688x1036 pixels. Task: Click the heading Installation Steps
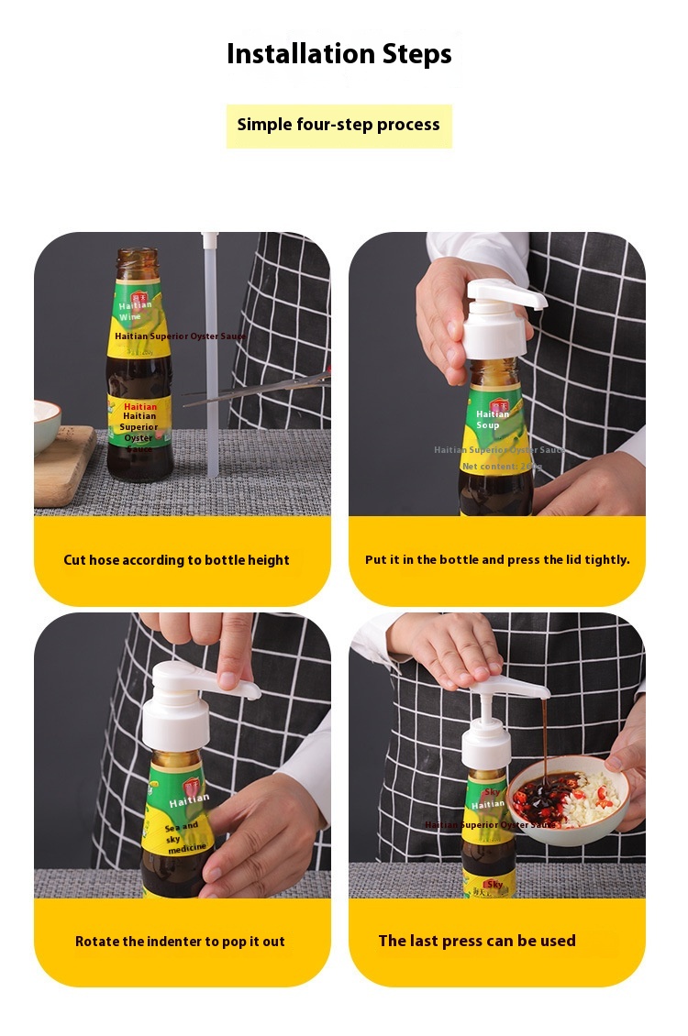[338, 54]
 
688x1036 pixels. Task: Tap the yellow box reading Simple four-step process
[338, 126]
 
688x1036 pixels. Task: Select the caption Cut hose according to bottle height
[176, 560]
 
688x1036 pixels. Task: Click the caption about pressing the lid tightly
[497, 560]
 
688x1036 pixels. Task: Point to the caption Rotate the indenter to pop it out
[180, 942]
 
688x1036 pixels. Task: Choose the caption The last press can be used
[477, 941]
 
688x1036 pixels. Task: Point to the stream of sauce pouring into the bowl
[544, 733]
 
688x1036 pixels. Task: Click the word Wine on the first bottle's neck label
[130, 316]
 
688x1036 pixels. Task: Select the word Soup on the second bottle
[488, 425]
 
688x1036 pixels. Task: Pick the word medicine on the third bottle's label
[187, 848]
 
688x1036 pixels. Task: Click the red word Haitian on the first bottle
[140, 406]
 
